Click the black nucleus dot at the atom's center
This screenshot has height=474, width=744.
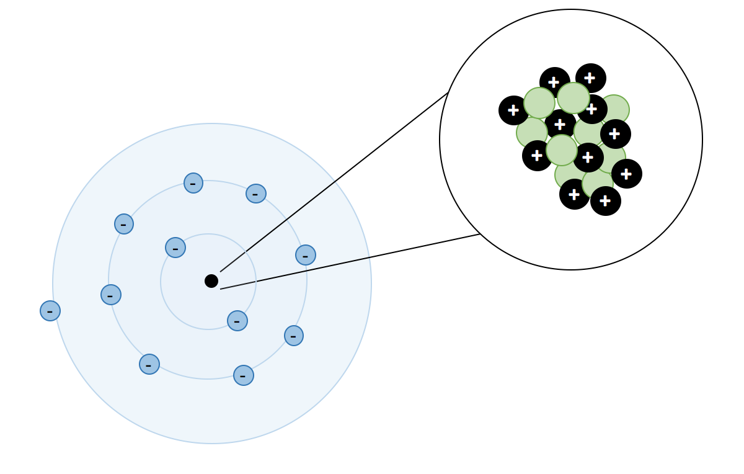pos(211,281)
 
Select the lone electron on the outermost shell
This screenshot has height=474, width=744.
pos(50,311)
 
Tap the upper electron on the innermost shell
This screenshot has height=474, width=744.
pos(175,248)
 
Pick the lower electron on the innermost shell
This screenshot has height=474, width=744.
pos(237,321)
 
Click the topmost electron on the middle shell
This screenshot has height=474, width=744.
pos(193,183)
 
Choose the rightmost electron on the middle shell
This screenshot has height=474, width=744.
pos(306,255)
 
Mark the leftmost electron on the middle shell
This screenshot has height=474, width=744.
pos(111,295)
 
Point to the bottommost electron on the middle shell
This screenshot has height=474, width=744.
pos(244,375)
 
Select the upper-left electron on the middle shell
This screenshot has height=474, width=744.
pos(124,224)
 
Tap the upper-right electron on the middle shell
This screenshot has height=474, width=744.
pos(256,194)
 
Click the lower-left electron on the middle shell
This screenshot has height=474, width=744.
pos(149,364)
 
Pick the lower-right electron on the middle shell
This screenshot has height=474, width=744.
pos(294,336)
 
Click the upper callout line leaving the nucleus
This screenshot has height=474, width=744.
pos(335,182)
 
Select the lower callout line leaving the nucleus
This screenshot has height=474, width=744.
pos(350,262)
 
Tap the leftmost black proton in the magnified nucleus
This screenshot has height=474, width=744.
pos(513,110)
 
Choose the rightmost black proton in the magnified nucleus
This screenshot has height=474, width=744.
pos(627,174)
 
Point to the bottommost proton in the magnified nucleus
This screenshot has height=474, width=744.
pos(606,201)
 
